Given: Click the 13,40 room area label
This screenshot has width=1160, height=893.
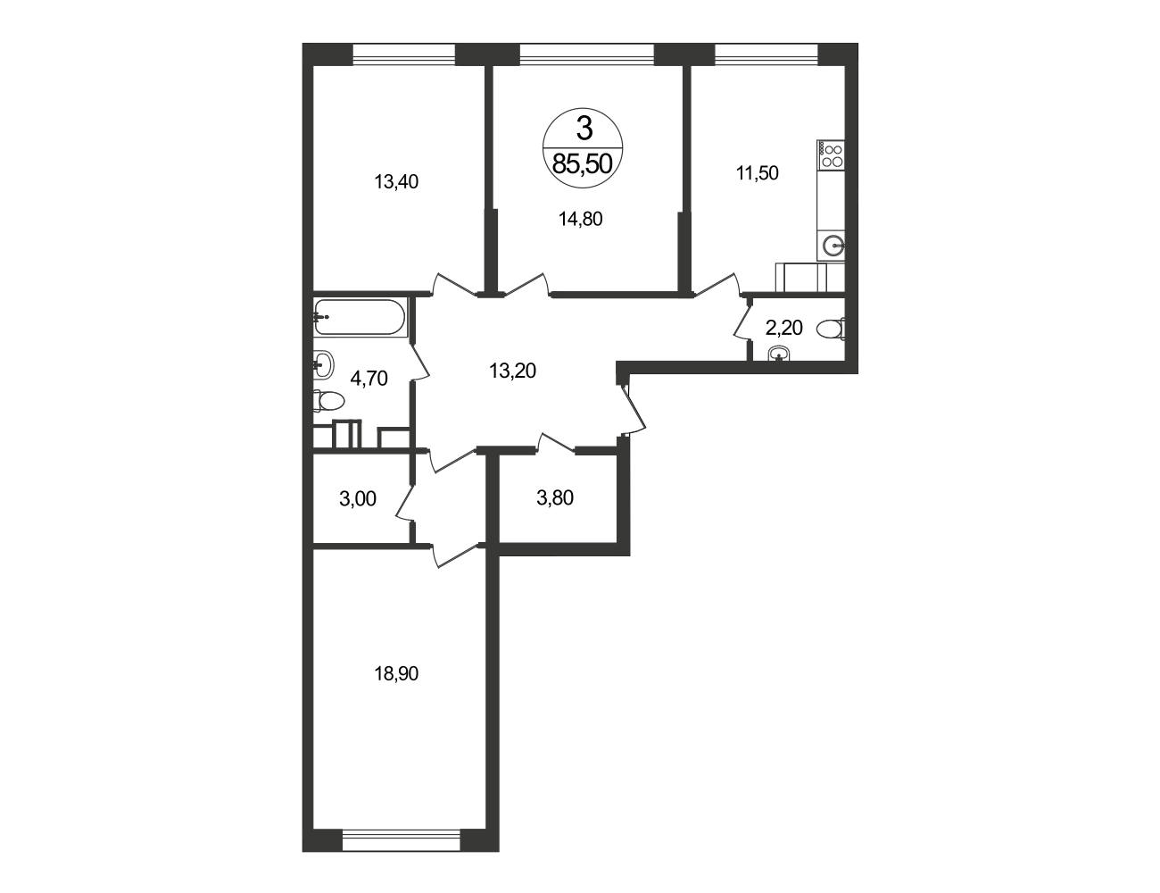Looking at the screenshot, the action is point(396,182).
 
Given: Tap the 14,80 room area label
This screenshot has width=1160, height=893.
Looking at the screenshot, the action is point(580,219).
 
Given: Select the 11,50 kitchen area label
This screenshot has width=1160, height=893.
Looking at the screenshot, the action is point(757,173).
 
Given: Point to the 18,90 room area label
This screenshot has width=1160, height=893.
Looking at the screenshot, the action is point(396,674).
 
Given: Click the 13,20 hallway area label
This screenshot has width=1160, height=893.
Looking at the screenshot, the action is point(512,371).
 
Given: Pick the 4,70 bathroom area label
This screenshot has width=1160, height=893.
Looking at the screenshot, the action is point(369,379).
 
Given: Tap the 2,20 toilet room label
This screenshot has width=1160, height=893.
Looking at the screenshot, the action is point(783,328).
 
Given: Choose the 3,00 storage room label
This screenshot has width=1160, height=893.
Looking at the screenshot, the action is point(358,499).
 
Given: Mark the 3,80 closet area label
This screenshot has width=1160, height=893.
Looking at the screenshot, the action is point(555,498).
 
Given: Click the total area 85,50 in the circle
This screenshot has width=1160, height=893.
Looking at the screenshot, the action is point(583,164).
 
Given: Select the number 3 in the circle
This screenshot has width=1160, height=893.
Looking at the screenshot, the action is point(584,129).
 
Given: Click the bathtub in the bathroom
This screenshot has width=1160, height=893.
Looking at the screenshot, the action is point(360,317).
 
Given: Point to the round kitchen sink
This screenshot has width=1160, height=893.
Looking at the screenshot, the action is point(833,246).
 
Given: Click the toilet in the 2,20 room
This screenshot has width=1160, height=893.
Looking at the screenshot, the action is point(830,329).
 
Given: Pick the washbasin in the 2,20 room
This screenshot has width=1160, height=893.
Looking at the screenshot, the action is point(782,355).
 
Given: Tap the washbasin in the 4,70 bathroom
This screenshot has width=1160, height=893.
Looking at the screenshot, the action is point(323,364).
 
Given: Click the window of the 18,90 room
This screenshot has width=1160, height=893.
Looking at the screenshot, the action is point(401,843).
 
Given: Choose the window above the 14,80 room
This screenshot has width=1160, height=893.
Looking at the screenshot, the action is point(586,54).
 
